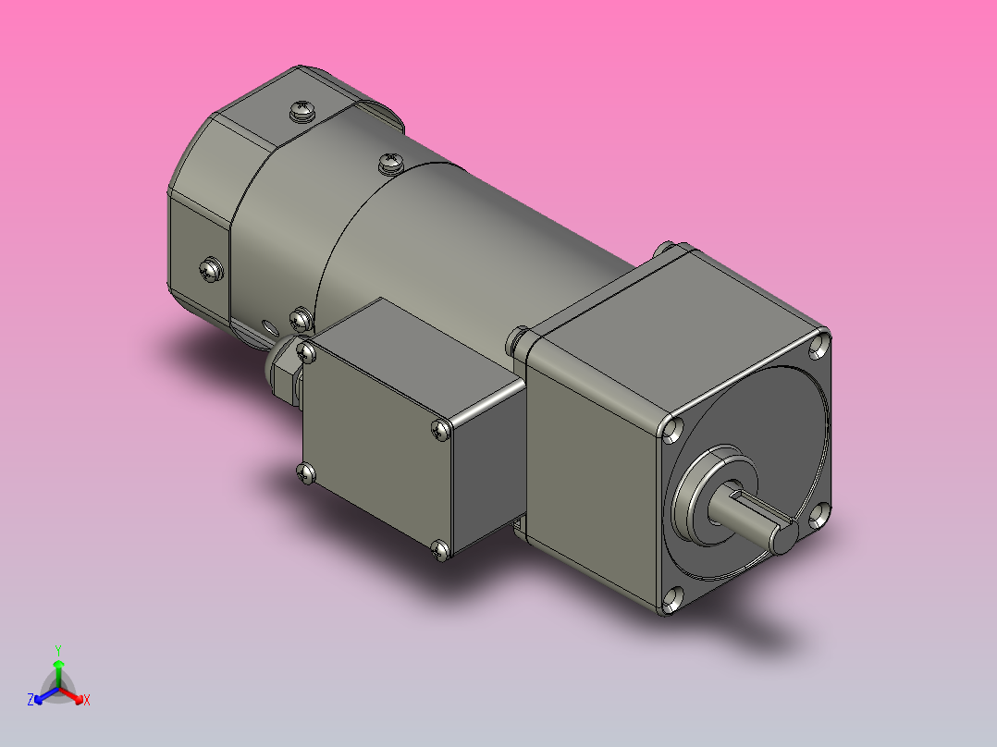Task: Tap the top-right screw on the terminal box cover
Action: pos(441,429)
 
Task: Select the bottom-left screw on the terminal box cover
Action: pos(307,473)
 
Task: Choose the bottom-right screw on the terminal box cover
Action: pos(441,551)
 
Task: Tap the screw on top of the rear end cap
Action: pos(302,112)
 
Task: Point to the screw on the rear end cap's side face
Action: pos(211,270)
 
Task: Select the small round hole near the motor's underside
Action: pos(269,326)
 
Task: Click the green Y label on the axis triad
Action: pos(58,649)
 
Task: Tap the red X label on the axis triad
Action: pos(87,700)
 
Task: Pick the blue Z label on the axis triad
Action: pos(31,700)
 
